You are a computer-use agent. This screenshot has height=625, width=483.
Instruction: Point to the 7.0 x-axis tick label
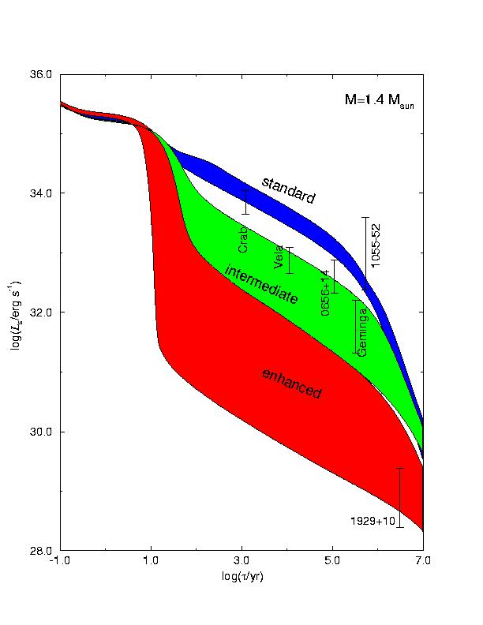423,562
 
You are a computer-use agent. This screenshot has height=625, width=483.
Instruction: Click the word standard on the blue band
288,190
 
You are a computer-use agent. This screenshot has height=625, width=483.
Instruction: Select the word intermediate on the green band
261,285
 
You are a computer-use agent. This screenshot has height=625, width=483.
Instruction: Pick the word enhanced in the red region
291,383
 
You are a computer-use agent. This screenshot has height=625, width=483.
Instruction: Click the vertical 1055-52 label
376,245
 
